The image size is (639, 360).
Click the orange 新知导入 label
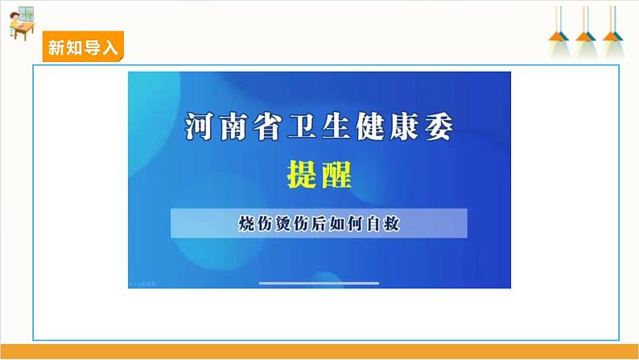pyautogui.click(x=83, y=47)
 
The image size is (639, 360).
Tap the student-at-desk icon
pyautogui.click(x=22, y=23)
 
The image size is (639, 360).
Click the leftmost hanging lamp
pyautogui.click(x=559, y=31)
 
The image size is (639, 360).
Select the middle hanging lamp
pyautogui.click(x=586, y=31)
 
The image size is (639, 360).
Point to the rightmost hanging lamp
pyautogui.click(x=613, y=31)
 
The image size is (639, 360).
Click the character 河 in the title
pyautogui.click(x=199, y=126)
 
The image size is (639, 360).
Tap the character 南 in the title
pyautogui.click(x=233, y=126)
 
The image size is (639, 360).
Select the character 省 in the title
pyautogui.click(x=267, y=126)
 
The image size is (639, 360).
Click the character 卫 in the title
pyautogui.click(x=302, y=126)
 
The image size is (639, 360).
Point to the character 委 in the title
pyautogui.click(x=439, y=126)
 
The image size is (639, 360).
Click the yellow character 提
pyautogui.click(x=302, y=175)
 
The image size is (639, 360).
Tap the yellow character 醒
pyautogui.click(x=336, y=175)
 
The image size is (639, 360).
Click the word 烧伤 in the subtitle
pyautogui.click(x=255, y=223)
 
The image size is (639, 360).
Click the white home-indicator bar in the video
pyautogui.click(x=319, y=283)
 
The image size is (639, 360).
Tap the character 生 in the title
pyautogui.click(x=336, y=126)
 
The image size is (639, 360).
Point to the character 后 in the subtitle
pyautogui.click(x=319, y=223)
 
